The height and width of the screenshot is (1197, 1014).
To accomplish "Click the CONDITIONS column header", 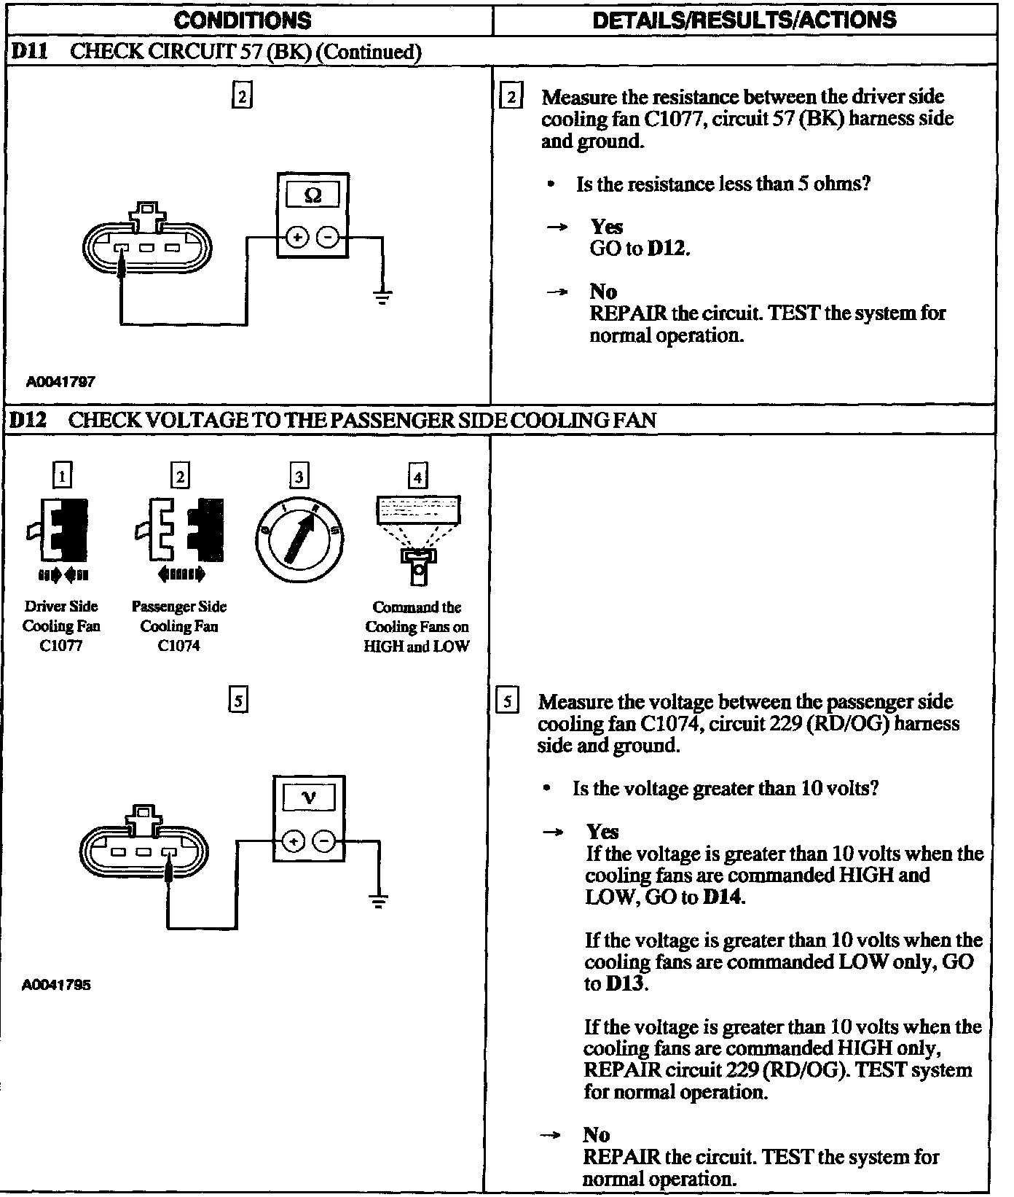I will [x=243, y=20].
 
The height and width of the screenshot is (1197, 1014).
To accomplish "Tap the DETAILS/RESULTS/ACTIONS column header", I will [x=744, y=20].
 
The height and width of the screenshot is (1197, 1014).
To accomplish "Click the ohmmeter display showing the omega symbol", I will [x=313, y=195].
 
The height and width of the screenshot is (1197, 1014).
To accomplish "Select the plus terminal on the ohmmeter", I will [x=297, y=237].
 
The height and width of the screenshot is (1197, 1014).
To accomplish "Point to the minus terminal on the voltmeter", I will [x=323, y=841].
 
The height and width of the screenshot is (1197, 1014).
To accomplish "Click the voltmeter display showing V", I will [x=309, y=798].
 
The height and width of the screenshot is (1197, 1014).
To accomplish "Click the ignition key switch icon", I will [x=299, y=539].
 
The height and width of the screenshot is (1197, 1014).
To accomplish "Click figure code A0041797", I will [x=61, y=381].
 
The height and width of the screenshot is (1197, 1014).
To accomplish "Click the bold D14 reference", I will [x=723, y=897].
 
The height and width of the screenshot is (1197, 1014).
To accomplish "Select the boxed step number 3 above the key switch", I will [x=299, y=477].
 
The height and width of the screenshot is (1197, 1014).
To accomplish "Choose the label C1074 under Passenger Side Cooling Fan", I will [x=179, y=646].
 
